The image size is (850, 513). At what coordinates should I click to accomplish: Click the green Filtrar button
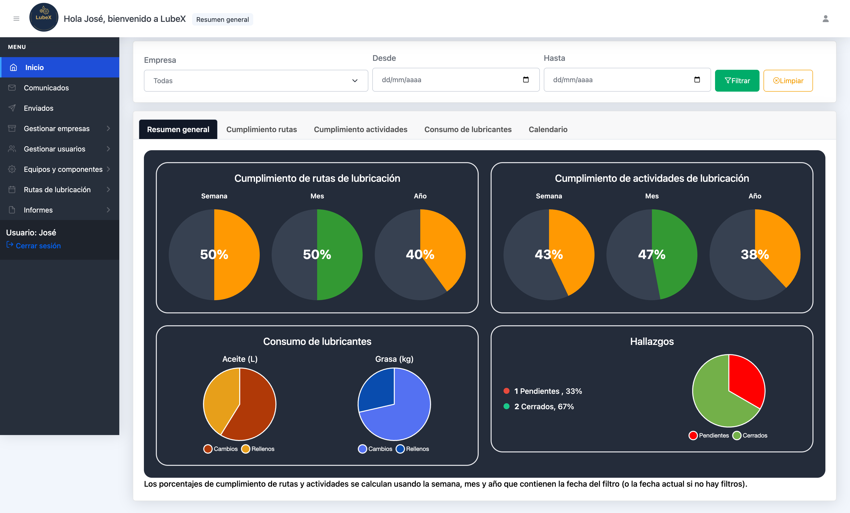click(x=737, y=81)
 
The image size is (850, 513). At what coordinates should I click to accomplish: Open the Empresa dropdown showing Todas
click(x=255, y=81)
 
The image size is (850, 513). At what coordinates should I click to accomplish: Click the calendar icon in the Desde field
click(x=526, y=80)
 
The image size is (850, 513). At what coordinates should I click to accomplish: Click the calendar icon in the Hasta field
click(x=697, y=80)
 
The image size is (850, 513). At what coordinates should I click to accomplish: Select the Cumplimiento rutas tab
click(x=261, y=129)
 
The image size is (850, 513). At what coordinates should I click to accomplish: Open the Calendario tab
click(x=548, y=129)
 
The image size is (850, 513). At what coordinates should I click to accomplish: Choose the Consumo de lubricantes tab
click(x=468, y=129)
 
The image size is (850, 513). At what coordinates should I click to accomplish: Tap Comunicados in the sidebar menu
click(x=46, y=88)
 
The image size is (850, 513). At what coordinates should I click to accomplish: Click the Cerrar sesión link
click(x=38, y=246)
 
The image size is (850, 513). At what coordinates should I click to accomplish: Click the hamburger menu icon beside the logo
click(x=16, y=19)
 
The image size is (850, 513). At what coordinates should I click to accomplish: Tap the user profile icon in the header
click(x=825, y=19)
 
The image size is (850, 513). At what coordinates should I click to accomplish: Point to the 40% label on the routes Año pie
click(x=420, y=255)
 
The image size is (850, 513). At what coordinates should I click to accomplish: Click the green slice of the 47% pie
click(x=676, y=248)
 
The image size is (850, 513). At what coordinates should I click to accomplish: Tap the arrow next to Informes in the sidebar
click(x=108, y=210)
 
